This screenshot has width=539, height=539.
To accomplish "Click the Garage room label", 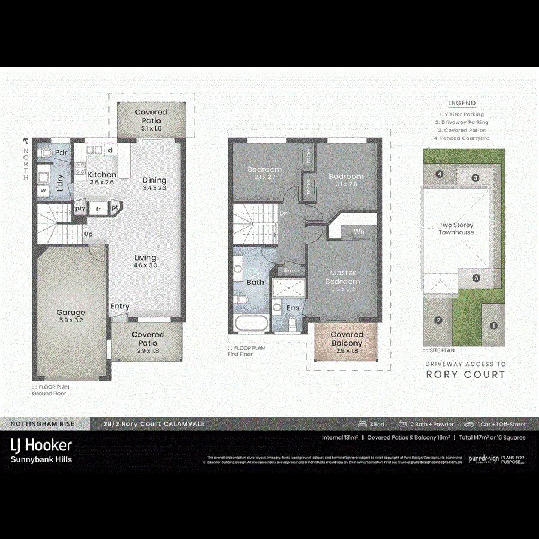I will click(71, 312).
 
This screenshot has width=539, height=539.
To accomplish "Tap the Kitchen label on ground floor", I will click(102, 174).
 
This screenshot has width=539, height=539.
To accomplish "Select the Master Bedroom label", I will click(343, 277).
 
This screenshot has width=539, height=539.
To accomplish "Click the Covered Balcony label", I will click(347, 338).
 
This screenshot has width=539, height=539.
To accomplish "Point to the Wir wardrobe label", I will click(359, 231).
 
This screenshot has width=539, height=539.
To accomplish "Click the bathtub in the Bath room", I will click(252, 324).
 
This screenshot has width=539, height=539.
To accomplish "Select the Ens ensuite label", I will click(293, 308).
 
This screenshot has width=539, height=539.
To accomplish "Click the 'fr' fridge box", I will click(98, 209).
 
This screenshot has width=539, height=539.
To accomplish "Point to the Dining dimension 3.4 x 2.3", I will click(154, 188).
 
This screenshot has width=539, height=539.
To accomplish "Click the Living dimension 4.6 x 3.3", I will click(145, 265).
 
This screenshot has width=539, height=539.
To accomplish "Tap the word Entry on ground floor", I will click(120, 307).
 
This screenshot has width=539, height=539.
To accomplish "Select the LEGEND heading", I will click(462, 103).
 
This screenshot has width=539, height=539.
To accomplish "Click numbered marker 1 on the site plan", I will click(493, 326).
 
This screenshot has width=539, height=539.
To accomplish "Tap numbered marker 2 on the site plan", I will click(438, 320).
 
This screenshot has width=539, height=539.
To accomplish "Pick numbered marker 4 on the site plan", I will click(440, 174).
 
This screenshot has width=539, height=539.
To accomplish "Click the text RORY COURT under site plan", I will click(465, 375).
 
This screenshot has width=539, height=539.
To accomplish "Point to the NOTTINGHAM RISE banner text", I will click(42, 424).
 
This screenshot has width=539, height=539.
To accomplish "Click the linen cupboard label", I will click(292, 271).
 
